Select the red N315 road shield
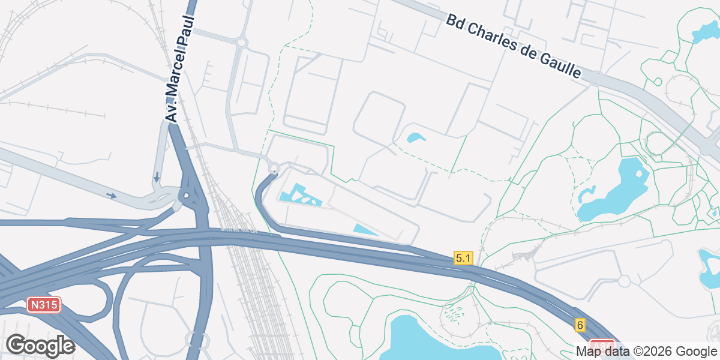pyautogui.click(x=44, y=305)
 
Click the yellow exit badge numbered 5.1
pyautogui.click(x=464, y=258)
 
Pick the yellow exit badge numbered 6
pyautogui.click(x=579, y=325)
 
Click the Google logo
pyautogui.click(x=40, y=346)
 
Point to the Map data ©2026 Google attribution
pyautogui.click(x=646, y=351)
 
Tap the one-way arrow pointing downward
pyautogui.click(x=157, y=176)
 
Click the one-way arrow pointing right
pyautogui.click(x=112, y=195)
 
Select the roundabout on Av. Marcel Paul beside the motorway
pyautogui.click(x=187, y=195)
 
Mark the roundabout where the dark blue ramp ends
pyautogui.click(x=274, y=168)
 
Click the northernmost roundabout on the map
pyautogui.click(x=242, y=42)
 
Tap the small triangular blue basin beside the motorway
pyautogui.click(x=365, y=230)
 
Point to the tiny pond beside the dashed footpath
pyautogui.click(x=416, y=138)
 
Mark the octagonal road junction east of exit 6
pyautogui.click(x=624, y=280)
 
